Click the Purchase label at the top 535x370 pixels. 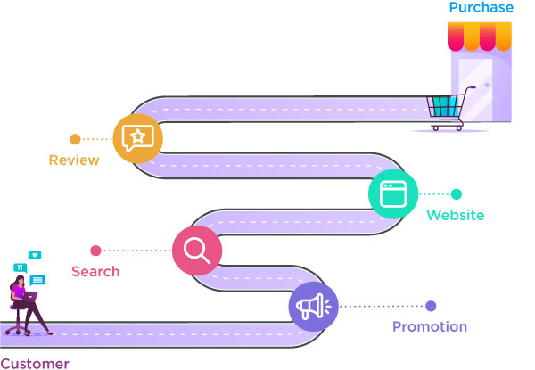coord(481,8)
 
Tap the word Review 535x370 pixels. coord(74,160)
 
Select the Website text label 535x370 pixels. coord(455,215)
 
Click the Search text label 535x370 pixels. coord(95,271)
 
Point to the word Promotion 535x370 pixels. coord(430,327)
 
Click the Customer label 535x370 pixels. coord(34,363)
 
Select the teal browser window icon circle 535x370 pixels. coord(392,193)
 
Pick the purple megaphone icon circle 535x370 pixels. coord(313,306)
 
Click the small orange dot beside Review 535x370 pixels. coord(75,138)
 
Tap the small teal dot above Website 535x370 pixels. coord(457,193)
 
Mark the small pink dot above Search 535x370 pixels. coord(95,250)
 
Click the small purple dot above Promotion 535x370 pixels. coord(431,306)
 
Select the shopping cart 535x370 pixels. coord(447,112)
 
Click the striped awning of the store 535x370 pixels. coord(480,37)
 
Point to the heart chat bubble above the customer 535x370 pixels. coord(35,255)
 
